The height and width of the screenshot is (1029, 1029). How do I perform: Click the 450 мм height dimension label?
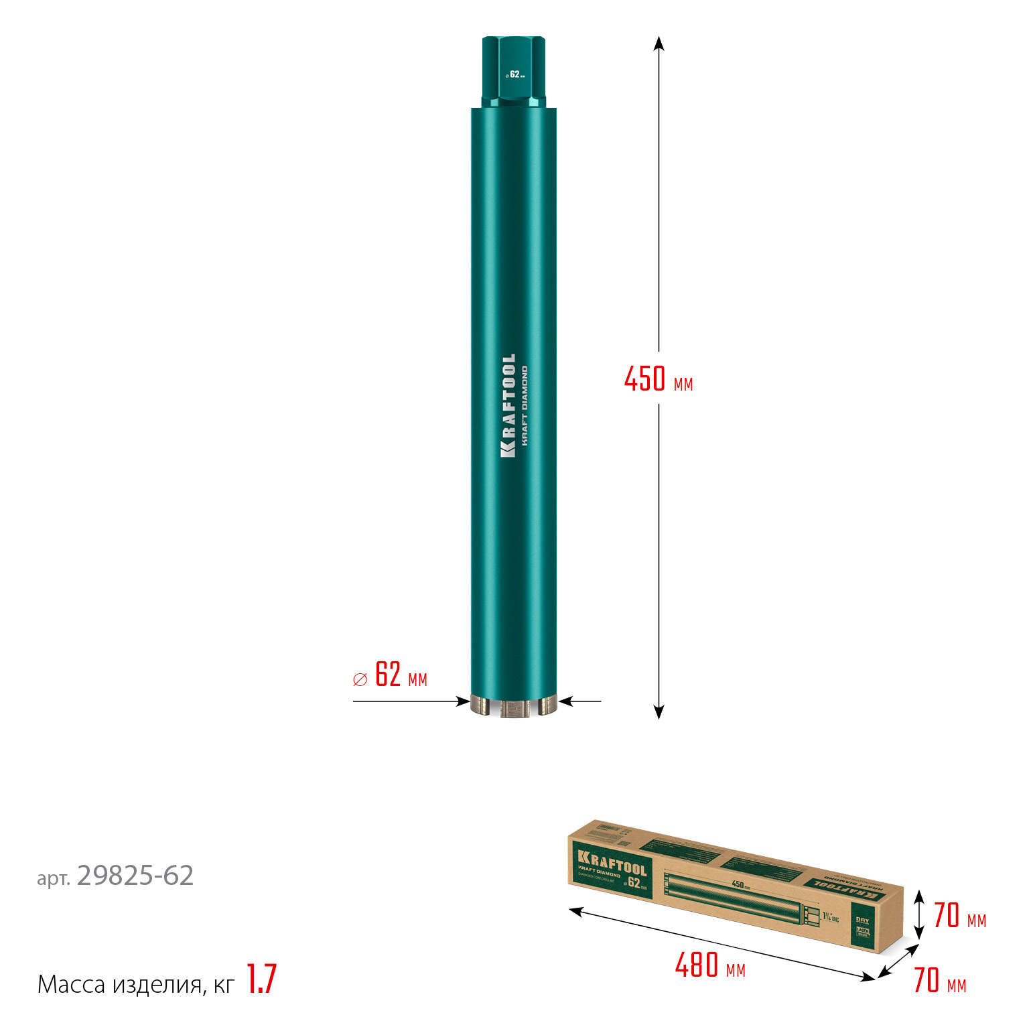(x=658, y=379)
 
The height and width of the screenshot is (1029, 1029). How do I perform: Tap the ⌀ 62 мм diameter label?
(x=390, y=675)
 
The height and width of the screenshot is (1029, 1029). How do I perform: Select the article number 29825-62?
(x=135, y=876)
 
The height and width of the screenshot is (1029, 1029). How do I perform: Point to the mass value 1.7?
(x=261, y=979)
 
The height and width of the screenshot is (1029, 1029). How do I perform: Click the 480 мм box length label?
(x=709, y=966)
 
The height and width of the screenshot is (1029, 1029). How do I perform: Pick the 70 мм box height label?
(x=959, y=916)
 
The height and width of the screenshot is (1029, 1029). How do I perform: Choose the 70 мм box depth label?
(x=940, y=981)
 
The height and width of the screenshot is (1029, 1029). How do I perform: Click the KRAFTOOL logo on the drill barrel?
(x=508, y=405)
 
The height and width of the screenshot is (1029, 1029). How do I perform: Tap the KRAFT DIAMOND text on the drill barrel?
(x=525, y=405)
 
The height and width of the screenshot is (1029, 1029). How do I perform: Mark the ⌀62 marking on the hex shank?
(x=514, y=74)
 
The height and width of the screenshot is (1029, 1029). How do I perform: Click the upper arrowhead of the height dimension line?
(x=659, y=44)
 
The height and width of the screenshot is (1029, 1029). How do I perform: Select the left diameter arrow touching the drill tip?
(x=462, y=701)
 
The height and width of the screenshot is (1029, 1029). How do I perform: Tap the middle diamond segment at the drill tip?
(x=514, y=709)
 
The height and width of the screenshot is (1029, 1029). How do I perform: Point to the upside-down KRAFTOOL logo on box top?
(x=844, y=888)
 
